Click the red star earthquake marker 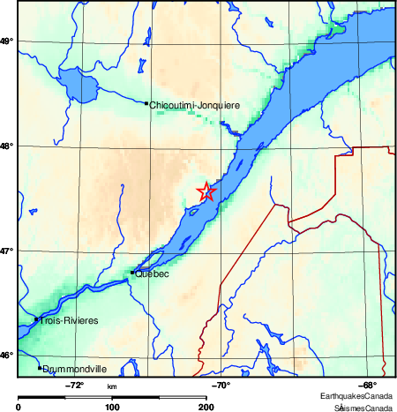(206, 191)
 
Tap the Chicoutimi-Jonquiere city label (194, 105)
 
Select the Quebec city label (152, 274)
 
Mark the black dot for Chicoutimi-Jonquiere (146, 103)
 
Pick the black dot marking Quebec (132, 273)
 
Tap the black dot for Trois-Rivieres (36, 319)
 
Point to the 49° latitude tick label (7, 41)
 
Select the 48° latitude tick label (7, 146)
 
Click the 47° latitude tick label (7, 251)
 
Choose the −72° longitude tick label (75, 386)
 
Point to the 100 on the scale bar (112, 407)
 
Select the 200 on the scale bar (206, 407)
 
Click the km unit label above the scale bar (112, 386)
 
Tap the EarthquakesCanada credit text (356, 396)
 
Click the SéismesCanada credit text (363, 407)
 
